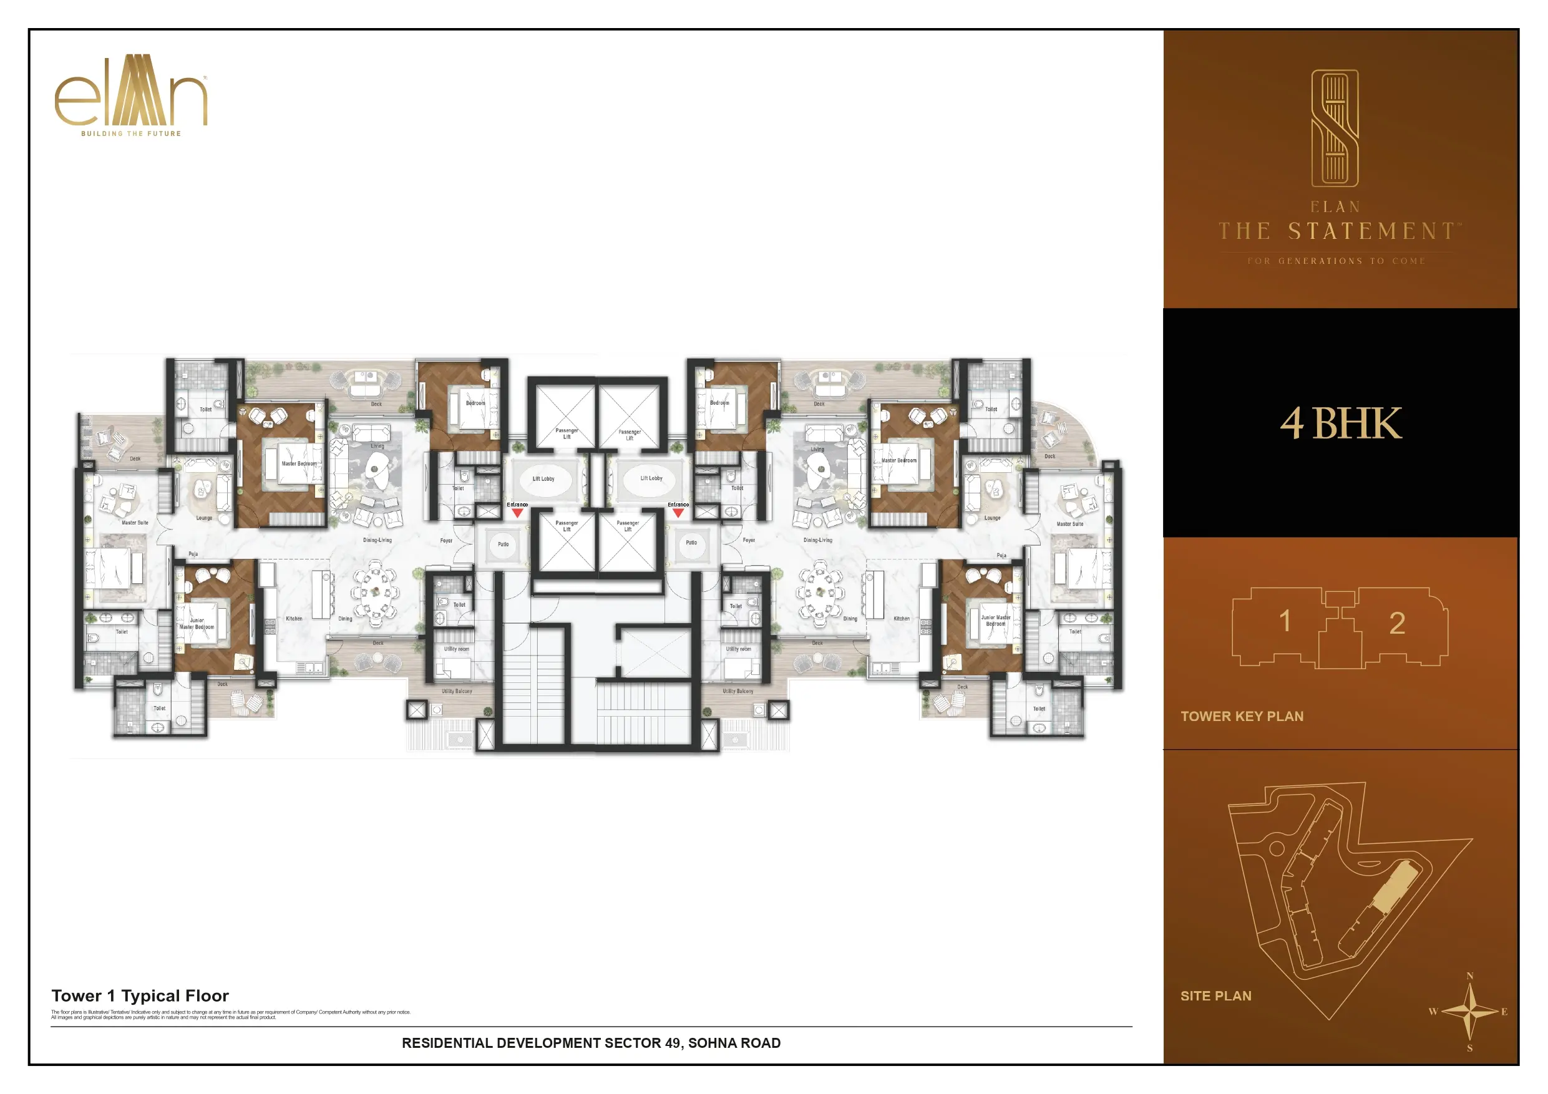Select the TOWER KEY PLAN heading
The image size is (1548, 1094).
click(1242, 717)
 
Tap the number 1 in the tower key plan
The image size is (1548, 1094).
click(1285, 621)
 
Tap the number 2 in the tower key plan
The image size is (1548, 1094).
click(1397, 624)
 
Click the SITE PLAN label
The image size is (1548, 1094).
click(1215, 995)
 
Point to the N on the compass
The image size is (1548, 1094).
click(1470, 976)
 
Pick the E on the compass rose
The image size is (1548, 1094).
click(1504, 1012)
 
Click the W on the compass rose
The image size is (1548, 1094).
click(1433, 1012)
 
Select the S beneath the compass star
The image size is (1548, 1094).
click(1470, 1048)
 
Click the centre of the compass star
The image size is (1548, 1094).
click(1470, 1011)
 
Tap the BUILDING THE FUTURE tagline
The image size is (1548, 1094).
click(131, 133)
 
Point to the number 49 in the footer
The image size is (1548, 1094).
click(672, 1043)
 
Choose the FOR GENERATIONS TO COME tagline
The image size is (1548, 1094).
click(1336, 261)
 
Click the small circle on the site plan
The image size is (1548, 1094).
click(1277, 849)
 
